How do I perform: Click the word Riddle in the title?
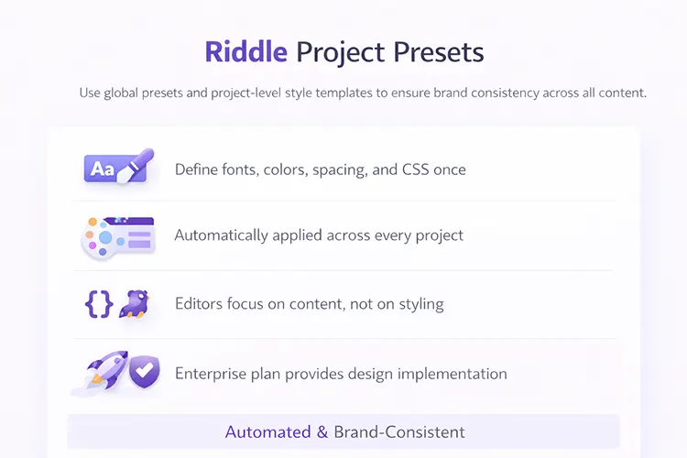click(x=245, y=52)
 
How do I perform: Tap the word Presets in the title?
click(x=439, y=52)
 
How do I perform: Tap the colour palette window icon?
click(x=117, y=236)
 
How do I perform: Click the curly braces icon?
click(x=97, y=304)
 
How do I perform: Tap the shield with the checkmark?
click(x=143, y=372)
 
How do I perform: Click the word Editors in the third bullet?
click(x=199, y=304)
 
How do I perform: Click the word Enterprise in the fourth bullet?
click(x=210, y=374)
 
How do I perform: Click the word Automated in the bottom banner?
click(x=268, y=431)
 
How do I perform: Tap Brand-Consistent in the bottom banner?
click(x=399, y=431)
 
